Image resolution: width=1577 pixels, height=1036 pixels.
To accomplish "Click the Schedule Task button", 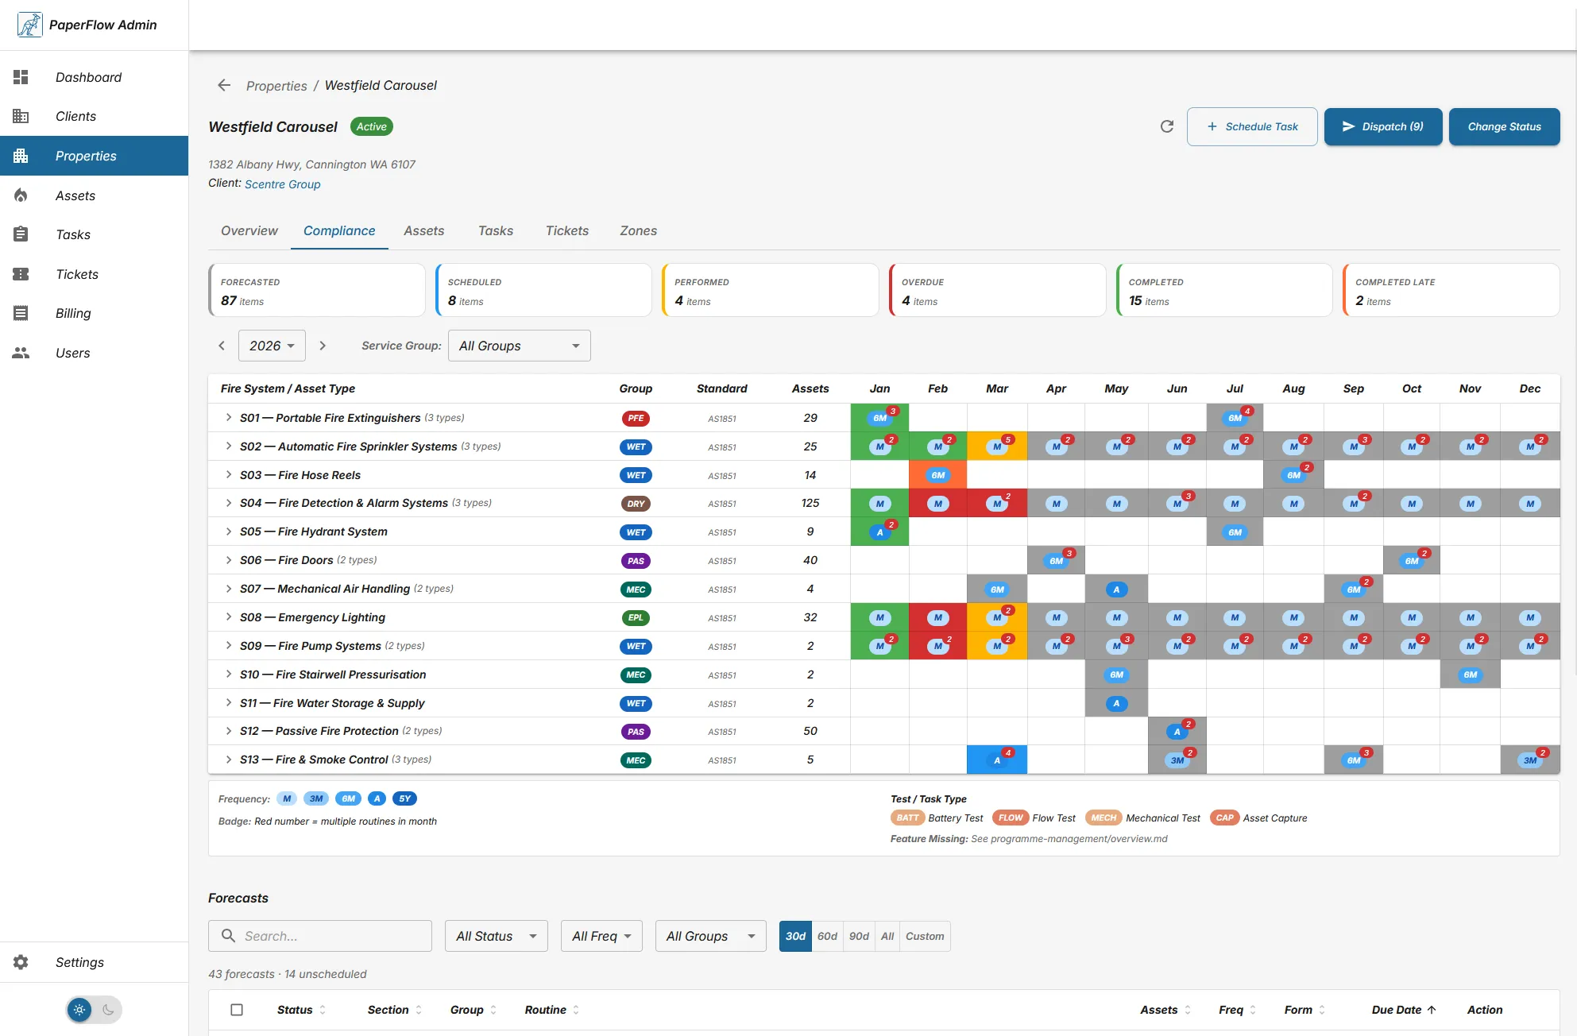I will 1252,126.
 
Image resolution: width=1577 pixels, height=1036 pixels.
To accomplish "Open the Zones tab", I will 638,230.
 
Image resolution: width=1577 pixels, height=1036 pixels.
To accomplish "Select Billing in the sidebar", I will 73,313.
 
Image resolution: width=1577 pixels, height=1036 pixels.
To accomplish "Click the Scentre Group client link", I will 282,184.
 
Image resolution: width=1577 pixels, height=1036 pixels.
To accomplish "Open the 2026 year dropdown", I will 272,346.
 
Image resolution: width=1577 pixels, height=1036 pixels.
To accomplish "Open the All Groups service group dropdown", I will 519,346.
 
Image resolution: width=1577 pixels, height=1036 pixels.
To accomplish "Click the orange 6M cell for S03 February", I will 937,475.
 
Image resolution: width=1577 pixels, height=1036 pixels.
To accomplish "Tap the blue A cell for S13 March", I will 997,760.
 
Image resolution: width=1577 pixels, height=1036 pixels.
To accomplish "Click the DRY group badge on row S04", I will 636,504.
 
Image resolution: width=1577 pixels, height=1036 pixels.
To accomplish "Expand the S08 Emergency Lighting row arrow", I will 229,617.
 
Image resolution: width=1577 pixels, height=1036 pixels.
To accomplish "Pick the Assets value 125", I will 810,503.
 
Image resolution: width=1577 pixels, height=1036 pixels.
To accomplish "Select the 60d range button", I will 827,936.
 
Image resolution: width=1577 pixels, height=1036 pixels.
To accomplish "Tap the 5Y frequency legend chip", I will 404,798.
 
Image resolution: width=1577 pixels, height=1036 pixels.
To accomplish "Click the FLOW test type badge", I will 1011,818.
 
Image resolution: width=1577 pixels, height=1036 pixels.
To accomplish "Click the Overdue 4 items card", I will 997,291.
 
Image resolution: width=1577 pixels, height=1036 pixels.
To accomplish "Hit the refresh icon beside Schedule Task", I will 1166,126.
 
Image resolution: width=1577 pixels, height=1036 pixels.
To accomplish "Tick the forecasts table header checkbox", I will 237,1010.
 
